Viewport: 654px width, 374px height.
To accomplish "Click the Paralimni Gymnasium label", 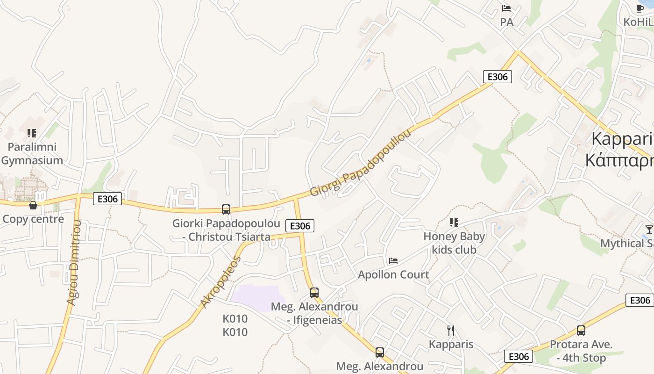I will click(32, 153).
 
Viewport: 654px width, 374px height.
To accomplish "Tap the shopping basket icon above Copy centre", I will click(33, 205).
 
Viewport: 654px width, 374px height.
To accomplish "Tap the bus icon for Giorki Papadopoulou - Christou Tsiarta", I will click(226, 209).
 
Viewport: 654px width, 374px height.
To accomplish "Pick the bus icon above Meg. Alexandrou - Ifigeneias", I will click(314, 293).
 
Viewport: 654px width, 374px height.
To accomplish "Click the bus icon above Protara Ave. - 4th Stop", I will click(581, 331).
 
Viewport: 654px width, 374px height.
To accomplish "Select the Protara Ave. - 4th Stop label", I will click(581, 352).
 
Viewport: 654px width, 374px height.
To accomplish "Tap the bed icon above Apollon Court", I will click(393, 260).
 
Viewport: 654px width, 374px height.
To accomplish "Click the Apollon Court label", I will click(393, 274).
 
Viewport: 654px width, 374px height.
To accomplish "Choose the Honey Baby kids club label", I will click(454, 243).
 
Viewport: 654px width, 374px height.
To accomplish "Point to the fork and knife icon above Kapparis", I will click(451, 331).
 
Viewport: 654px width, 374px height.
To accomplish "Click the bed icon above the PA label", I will click(506, 8).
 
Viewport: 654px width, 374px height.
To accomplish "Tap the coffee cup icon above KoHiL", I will click(640, 8).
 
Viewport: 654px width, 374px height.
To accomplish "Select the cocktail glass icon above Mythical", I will click(649, 229).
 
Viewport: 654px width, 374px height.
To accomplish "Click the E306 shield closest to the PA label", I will click(497, 77).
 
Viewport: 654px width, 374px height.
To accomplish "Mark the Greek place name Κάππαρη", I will click(619, 160).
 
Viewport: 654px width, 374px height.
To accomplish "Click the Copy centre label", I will click(33, 219).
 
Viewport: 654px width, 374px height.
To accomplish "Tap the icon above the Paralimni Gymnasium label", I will click(32, 133).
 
